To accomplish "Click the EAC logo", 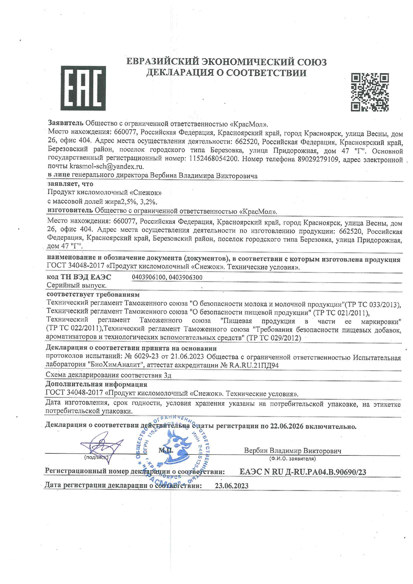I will (x=83, y=88).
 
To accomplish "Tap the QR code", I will (x=370, y=92).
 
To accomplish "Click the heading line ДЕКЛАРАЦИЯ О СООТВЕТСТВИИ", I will (x=226, y=73).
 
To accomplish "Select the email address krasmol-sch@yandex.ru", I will (x=107, y=166).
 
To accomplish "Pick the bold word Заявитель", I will (x=66, y=124).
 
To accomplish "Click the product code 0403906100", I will (x=149, y=277).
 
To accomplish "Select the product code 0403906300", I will (x=186, y=277).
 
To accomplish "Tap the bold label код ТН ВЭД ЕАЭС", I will (x=79, y=277).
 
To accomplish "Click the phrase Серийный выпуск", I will (x=77, y=285).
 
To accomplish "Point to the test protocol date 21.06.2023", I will (x=188, y=357).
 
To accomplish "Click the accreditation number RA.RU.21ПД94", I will (x=254, y=365).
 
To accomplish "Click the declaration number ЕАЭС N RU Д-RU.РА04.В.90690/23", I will (x=303, y=472).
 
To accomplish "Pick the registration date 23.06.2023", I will (x=232, y=486).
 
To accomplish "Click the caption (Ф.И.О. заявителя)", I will (x=292, y=459).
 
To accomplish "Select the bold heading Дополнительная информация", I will (x=96, y=384).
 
